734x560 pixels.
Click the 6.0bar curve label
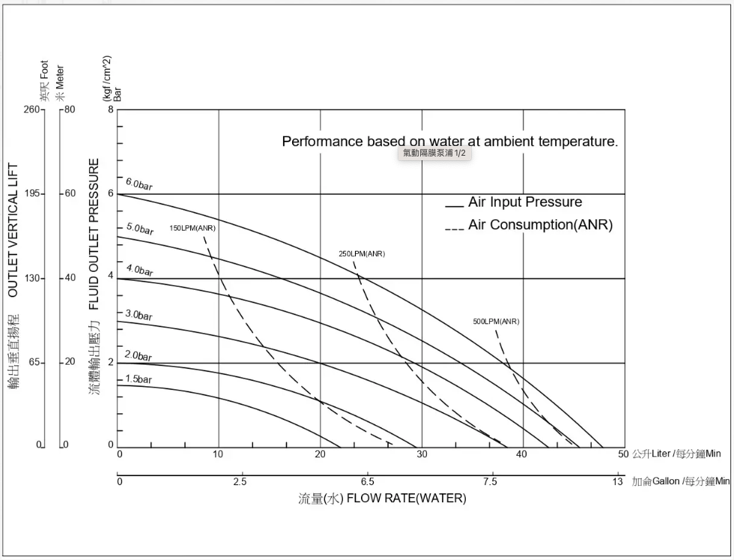139,183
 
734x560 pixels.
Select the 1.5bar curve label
139,380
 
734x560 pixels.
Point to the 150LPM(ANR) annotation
192,228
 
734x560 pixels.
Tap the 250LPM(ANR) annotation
362,254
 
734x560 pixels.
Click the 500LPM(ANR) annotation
496,322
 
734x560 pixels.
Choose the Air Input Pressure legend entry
524,202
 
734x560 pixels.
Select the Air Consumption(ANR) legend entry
540,225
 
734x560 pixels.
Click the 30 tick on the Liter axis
422,454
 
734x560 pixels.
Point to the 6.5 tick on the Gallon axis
367,481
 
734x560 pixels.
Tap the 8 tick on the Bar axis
111,110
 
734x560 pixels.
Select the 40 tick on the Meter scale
70,279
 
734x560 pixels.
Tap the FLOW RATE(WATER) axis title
405,499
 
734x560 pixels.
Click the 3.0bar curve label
139,315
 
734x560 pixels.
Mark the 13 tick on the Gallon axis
617,481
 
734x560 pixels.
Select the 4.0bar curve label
139,270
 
